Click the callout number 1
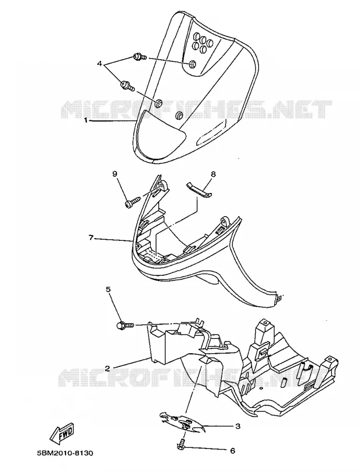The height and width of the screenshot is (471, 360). click(x=86, y=120)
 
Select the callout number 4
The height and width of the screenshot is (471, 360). click(x=100, y=64)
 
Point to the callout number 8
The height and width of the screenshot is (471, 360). click(x=213, y=174)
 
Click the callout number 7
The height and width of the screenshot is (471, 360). click(x=91, y=238)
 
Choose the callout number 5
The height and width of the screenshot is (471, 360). click(x=108, y=289)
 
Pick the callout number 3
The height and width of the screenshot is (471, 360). click(x=238, y=426)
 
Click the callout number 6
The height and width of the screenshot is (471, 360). click(x=232, y=451)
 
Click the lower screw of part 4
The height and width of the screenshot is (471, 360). click(x=128, y=86)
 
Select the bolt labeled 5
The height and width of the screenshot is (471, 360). click(x=126, y=325)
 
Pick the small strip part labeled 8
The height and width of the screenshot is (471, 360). click(x=198, y=190)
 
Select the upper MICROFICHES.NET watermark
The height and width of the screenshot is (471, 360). click(x=196, y=109)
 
